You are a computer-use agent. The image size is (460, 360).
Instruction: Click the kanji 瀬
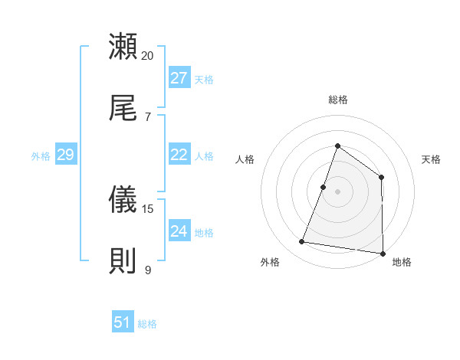pos(123,46)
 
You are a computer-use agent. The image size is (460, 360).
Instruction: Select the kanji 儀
pos(123,201)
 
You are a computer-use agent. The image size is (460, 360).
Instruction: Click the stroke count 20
pos(148,56)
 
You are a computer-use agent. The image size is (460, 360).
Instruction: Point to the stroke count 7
pos(148,116)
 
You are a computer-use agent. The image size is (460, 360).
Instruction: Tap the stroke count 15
pos(148,209)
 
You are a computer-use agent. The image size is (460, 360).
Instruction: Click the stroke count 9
pos(148,270)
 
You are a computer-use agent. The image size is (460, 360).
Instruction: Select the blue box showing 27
pos(179,78)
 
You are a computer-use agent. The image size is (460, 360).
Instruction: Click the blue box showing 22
pos(179,155)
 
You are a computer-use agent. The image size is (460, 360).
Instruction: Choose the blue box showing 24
pos(179,231)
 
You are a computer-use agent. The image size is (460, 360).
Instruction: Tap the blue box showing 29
pos(65,155)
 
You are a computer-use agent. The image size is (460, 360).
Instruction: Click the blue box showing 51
pos(123,322)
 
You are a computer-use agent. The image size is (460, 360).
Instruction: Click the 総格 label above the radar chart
pos(337,100)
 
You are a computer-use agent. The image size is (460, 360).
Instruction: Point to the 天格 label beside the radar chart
pos(432,159)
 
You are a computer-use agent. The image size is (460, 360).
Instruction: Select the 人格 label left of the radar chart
pos(245,159)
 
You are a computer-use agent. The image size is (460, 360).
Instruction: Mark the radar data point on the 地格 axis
pos(383,253)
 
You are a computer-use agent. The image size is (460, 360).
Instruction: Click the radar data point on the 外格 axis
pos(302,242)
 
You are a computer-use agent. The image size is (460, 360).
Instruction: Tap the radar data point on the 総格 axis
pos(337,146)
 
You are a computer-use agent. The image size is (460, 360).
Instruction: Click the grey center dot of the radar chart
pos(337,191)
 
